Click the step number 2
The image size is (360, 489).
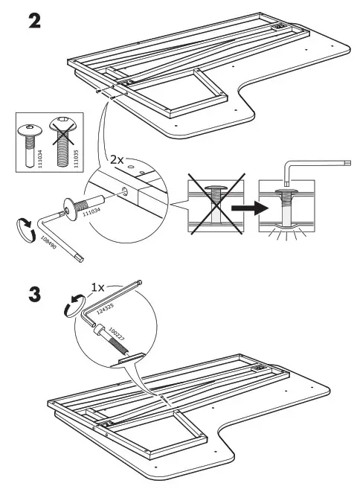pos(33,20)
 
